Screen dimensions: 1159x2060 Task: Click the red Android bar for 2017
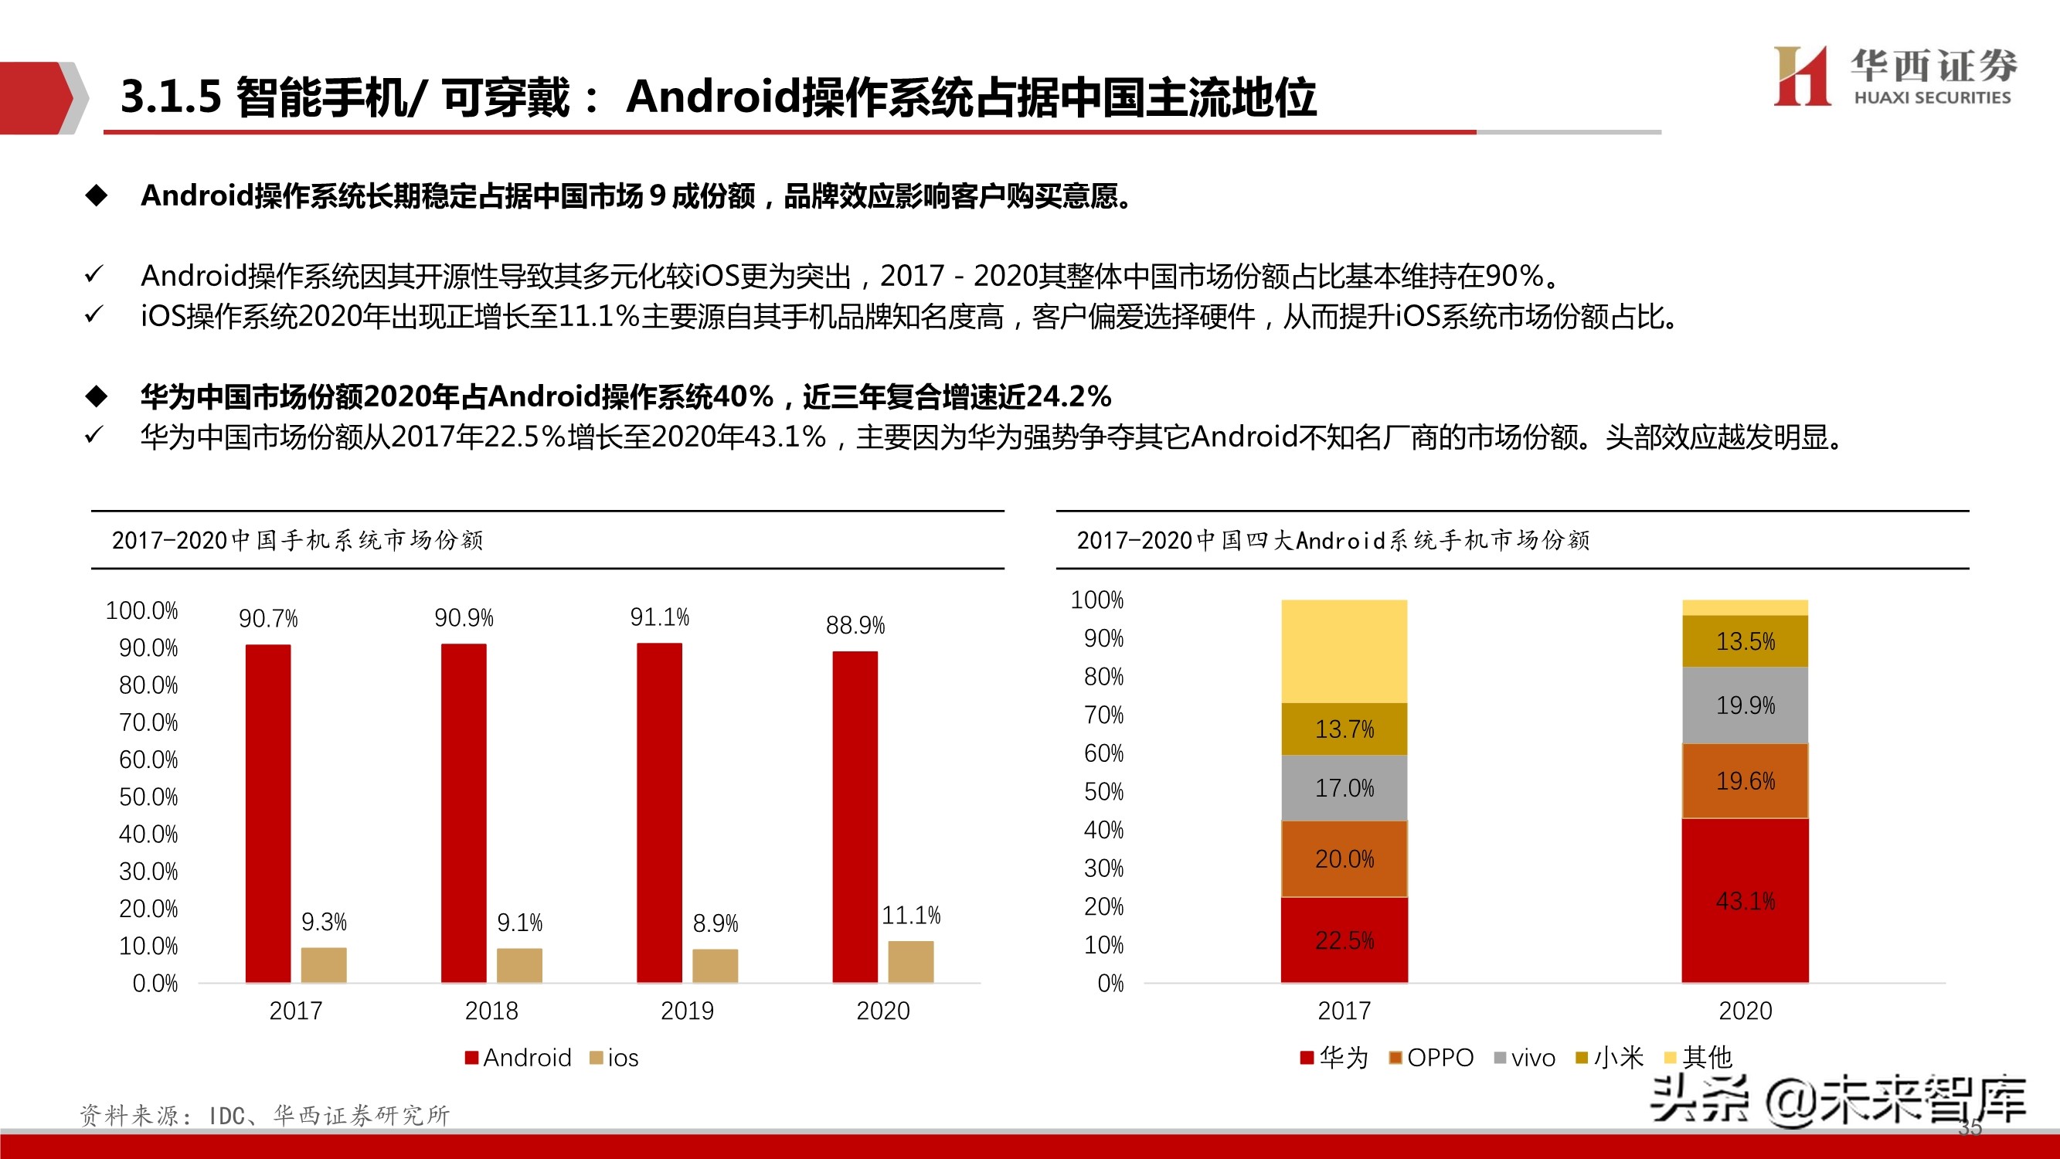click(x=268, y=813)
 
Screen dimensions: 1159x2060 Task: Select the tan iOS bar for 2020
click(x=911, y=961)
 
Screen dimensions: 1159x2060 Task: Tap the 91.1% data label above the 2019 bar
click(x=659, y=617)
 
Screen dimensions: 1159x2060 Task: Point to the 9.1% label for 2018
click(x=520, y=923)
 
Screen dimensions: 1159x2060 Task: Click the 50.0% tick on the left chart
click(x=148, y=797)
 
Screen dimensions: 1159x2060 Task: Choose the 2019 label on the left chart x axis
click(x=687, y=1011)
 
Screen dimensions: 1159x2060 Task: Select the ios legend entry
click(x=614, y=1059)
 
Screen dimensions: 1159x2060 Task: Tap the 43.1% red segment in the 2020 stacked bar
click(x=1745, y=901)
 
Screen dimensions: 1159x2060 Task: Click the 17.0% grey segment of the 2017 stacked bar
click(x=1344, y=789)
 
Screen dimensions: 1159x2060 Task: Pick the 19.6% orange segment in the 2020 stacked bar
click(x=1745, y=780)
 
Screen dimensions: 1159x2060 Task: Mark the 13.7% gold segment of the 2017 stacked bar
click(x=1344, y=729)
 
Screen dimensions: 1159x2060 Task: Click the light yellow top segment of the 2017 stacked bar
click(x=1344, y=651)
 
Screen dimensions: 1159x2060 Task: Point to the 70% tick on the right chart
click(x=1103, y=715)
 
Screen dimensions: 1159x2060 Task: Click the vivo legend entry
click(x=1525, y=1059)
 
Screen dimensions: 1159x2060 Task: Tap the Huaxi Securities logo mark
click(x=1802, y=76)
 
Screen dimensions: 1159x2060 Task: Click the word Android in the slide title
click(x=712, y=97)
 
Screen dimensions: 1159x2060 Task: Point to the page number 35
click(x=1970, y=1129)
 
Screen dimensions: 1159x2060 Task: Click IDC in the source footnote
click(x=226, y=1116)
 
